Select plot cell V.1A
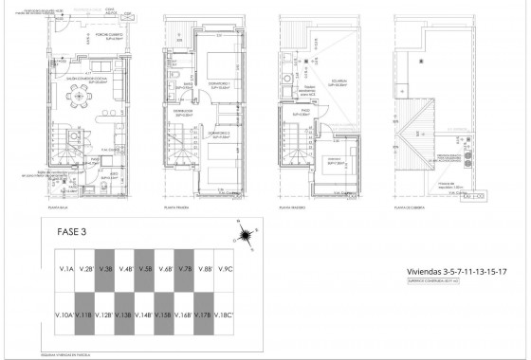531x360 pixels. click(x=65, y=270)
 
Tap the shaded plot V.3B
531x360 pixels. click(x=105, y=270)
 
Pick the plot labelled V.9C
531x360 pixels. click(x=225, y=270)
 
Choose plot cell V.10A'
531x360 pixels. click(x=65, y=315)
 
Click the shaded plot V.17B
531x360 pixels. click(x=205, y=315)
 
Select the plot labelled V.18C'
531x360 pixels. click(x=225, y=315)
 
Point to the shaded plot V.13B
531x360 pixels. click(x=125, y=315)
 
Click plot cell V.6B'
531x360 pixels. click(x=165, y=270)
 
